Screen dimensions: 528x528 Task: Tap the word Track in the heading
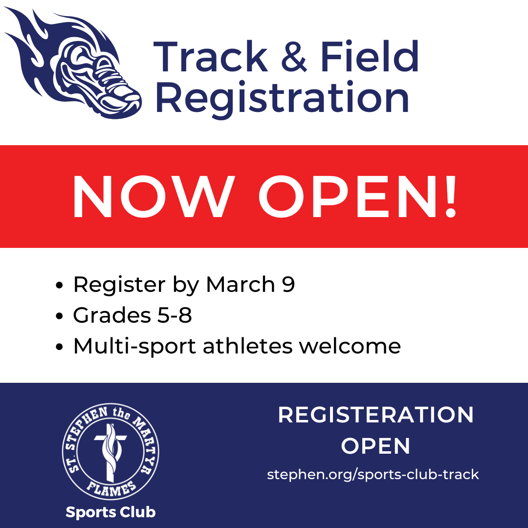point(211,56)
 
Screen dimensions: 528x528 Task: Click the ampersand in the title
point(294,57)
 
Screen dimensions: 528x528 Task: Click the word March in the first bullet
point(241,285)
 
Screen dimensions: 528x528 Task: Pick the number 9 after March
point(288,285)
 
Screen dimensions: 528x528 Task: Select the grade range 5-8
point(175,315)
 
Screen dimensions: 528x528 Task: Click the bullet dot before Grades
point(59,316)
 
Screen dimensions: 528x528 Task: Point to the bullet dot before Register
point(59,285)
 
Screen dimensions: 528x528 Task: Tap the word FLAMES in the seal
point(111,488)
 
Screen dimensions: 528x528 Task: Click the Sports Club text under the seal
point(110,512)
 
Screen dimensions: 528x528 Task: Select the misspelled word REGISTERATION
point(376,415)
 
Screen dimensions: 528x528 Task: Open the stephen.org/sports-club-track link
point(373,474)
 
